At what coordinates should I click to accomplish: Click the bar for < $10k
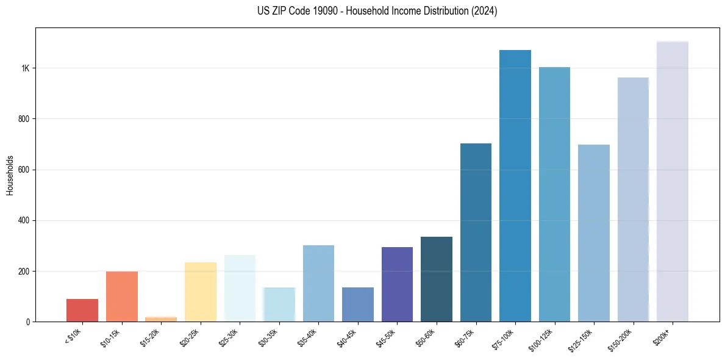click(x=82, y=310)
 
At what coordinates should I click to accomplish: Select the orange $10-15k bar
click(x=122, y=297)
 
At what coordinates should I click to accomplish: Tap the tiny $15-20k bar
click(x=161, y=319)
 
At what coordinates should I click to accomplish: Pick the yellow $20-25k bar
click(x=201, y=292)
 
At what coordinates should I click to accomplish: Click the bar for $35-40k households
click(x=318, y=283)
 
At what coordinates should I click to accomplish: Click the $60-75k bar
click(x=476, y=232)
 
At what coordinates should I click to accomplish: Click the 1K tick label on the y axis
click(x=26, y=68)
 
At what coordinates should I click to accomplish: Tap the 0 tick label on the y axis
click(x=28, y=322)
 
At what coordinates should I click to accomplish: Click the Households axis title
click(x=10, y=175)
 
